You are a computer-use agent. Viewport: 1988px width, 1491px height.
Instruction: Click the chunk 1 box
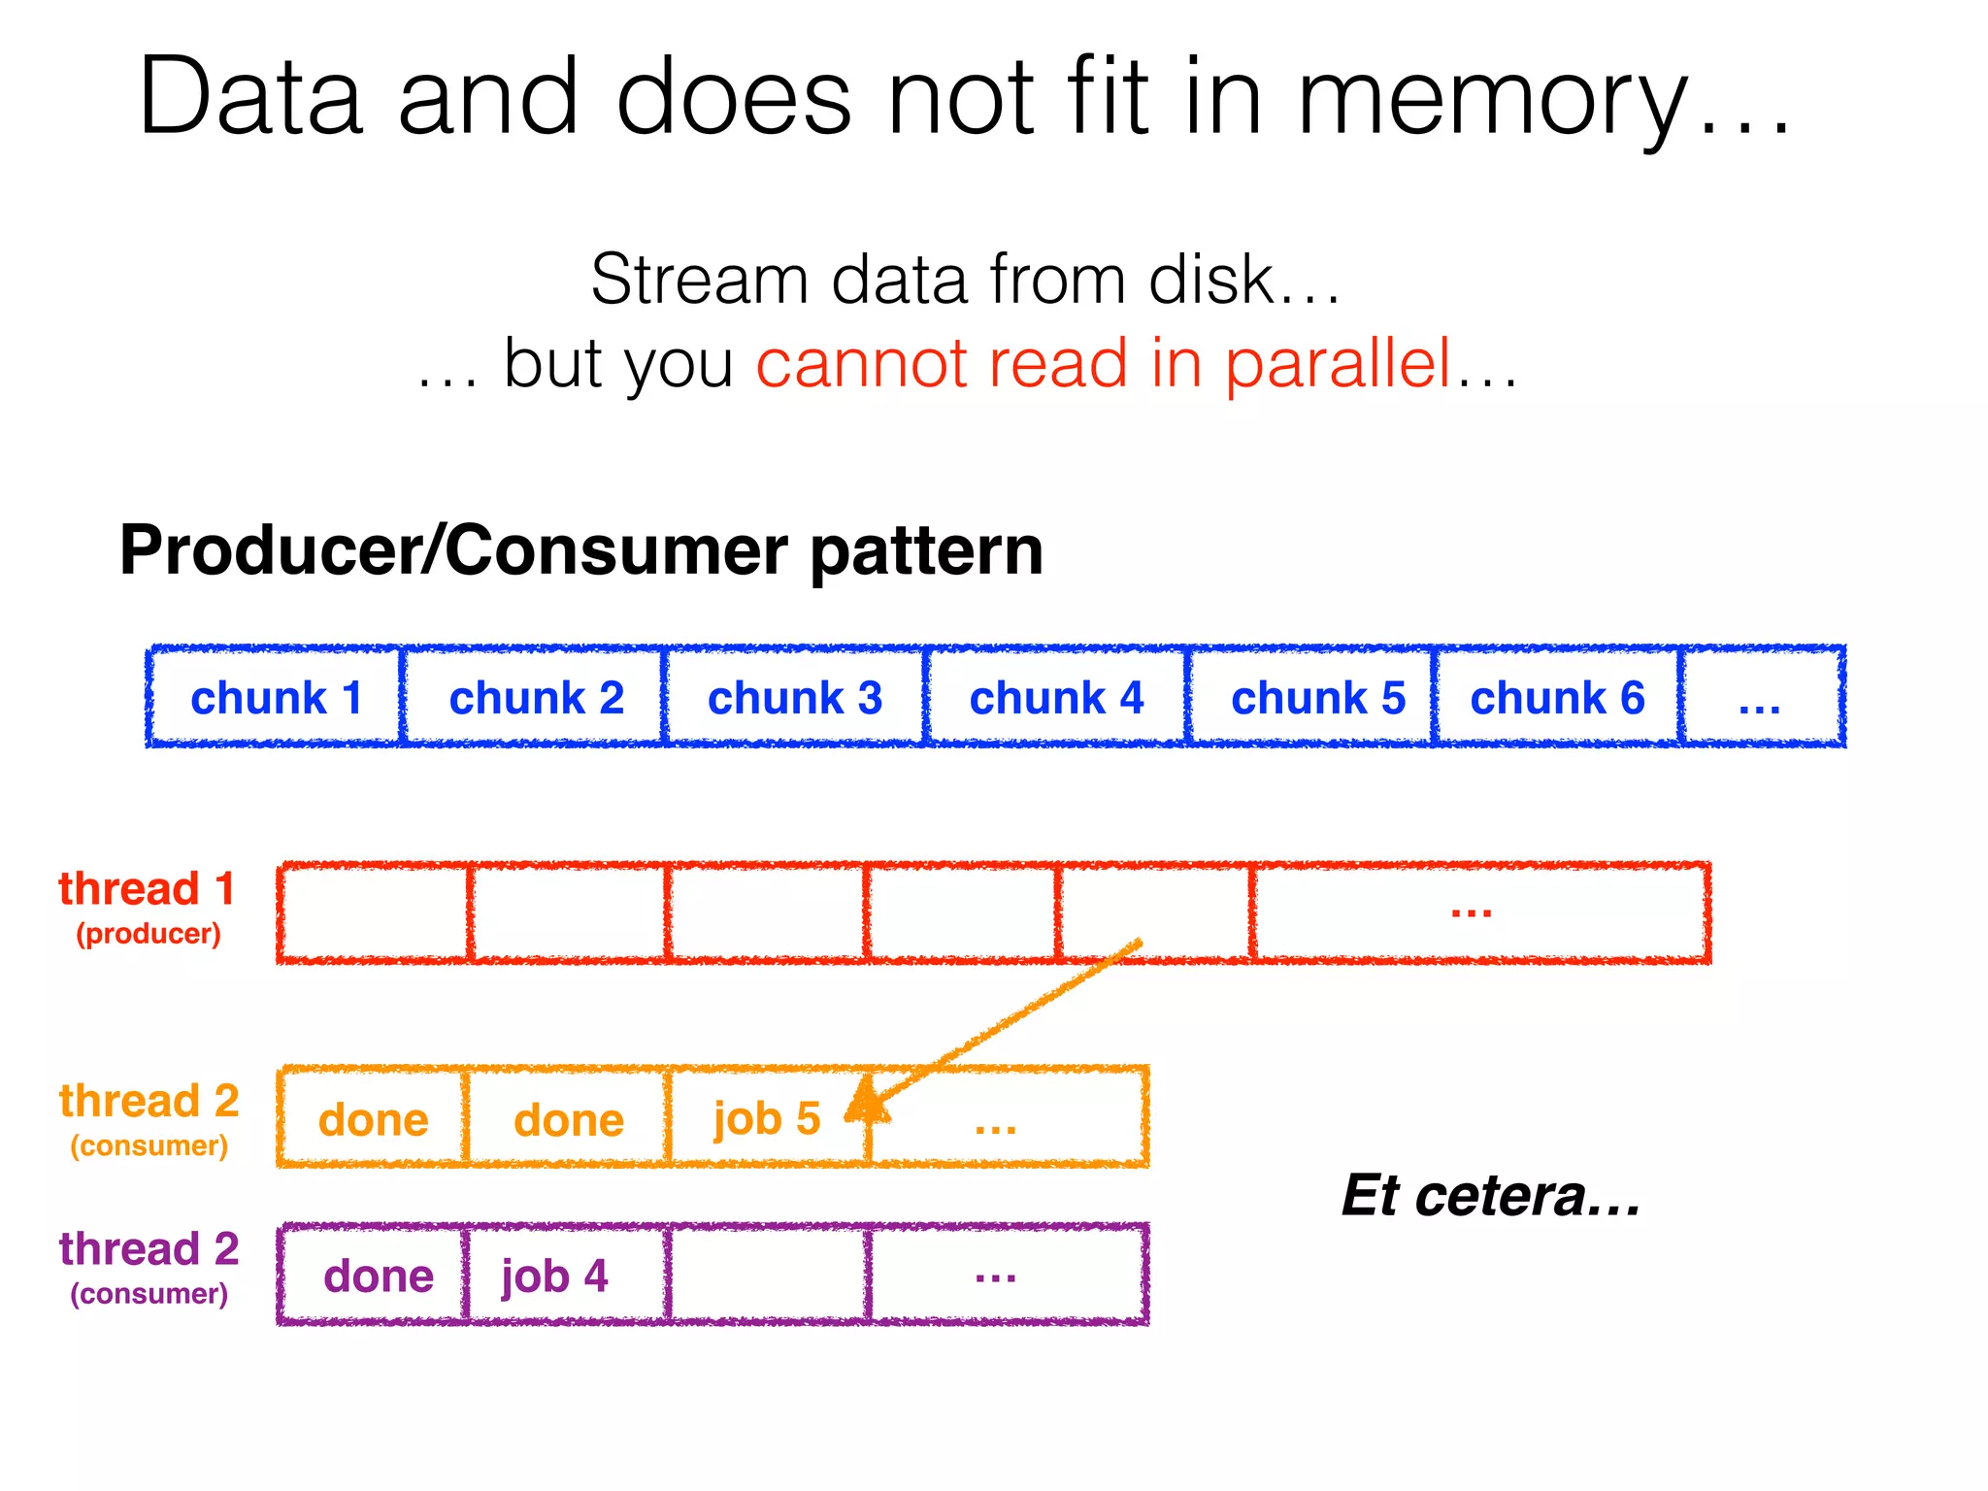pos(275,697)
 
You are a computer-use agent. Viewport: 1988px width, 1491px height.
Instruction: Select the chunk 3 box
pos(795,697)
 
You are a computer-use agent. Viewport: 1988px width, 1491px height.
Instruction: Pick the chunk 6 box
pos(1557,697)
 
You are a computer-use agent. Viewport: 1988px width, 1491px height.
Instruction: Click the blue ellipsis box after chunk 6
pos(1761,697)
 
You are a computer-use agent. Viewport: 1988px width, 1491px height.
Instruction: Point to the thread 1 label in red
pos(147,888)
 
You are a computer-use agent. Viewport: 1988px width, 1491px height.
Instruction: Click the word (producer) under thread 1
pos(149,934)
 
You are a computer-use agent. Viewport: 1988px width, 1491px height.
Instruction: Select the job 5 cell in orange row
pos(767,1118)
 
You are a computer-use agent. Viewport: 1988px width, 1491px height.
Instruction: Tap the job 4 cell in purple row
pos(555,1276)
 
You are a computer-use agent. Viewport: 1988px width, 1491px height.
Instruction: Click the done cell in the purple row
pos(378,1276)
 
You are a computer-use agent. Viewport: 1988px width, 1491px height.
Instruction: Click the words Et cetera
pos(1490,1196)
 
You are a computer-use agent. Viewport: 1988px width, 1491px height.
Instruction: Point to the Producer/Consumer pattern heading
pos(580,550)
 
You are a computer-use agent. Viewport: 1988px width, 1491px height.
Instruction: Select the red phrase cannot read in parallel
pos(1104,363)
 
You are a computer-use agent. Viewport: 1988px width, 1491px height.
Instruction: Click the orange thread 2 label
pos(149,1101)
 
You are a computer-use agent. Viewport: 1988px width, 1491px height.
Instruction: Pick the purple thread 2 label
pos(149,1248)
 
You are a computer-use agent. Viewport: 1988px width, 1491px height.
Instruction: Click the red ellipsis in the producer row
pos(1471,911)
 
